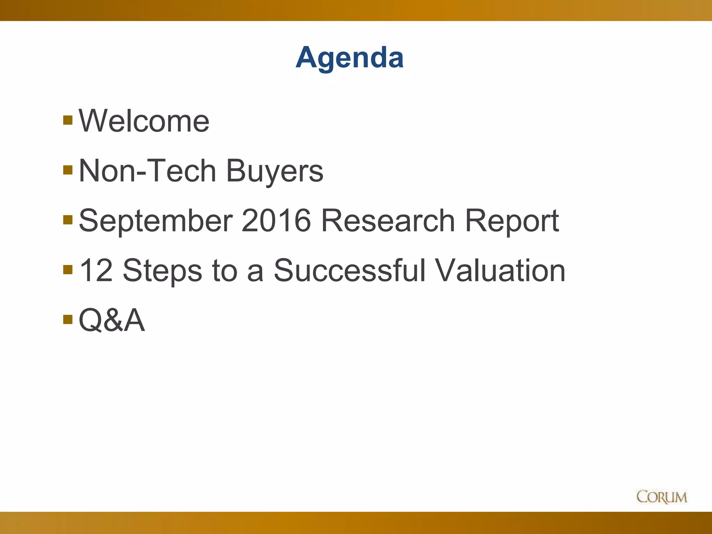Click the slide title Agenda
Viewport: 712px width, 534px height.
point(349,58)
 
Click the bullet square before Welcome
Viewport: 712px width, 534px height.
point(68,120)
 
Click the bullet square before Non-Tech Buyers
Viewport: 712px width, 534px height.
point(68,170)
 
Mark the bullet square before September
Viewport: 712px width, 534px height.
point(68,220)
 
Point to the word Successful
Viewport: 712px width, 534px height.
point(349,270)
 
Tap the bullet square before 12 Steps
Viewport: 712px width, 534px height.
point(68,269)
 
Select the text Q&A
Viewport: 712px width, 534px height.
point(112,320)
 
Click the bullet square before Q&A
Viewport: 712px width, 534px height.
point(68,319)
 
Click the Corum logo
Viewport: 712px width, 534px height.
point(662,497)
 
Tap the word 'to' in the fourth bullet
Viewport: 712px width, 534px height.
point(224,271)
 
